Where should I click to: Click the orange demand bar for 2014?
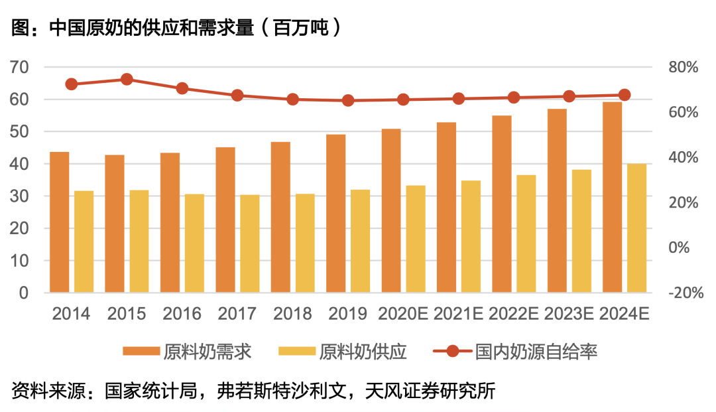[60, 222]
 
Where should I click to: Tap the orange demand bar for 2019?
[335, 213]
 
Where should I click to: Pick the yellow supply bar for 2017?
[250, 243]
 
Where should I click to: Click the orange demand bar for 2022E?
[502, 204]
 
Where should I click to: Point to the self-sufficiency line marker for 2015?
[127, 80]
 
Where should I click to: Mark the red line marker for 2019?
[348, 101]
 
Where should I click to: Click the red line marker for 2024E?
[625, 95]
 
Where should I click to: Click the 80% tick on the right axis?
[684, 68]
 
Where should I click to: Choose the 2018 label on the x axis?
[292, 313]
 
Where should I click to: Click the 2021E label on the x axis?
[457, 313]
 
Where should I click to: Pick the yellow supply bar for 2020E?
[416, 239]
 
